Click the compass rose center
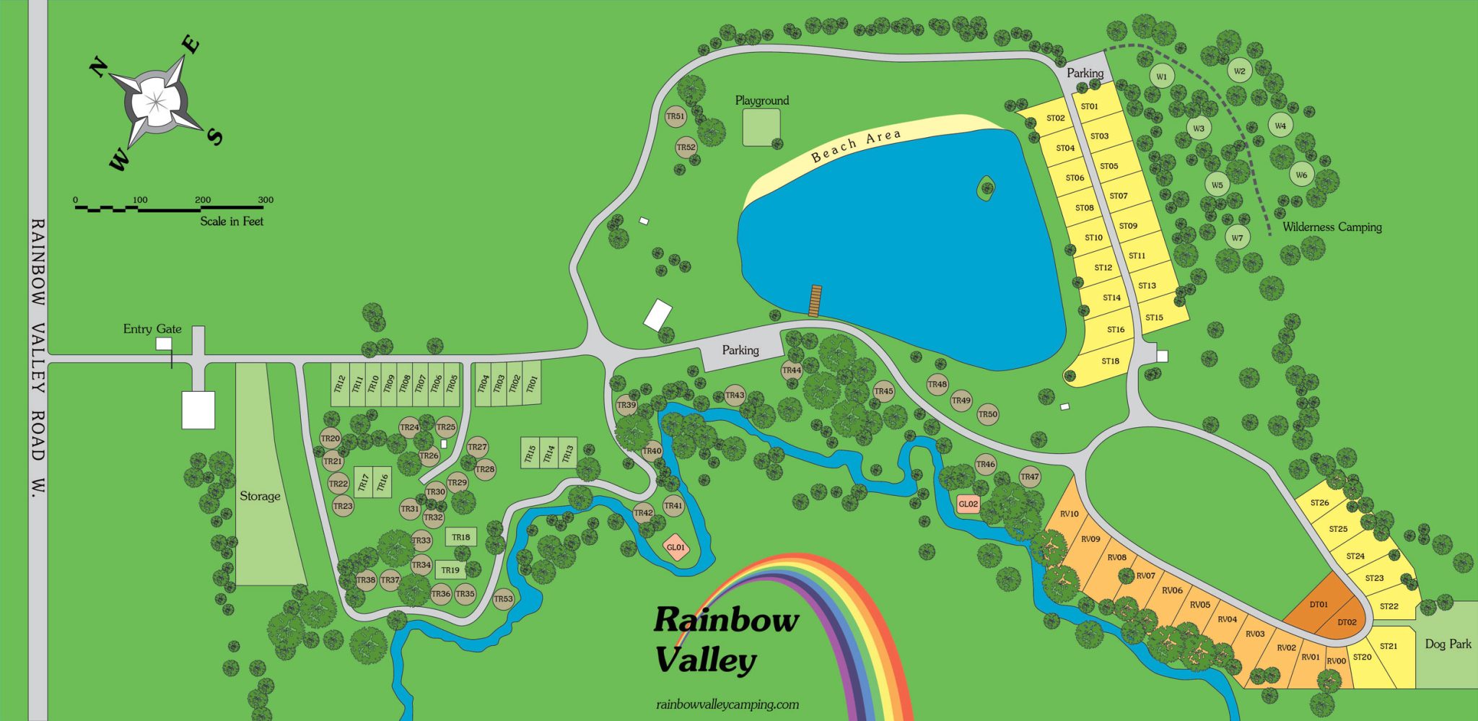coord(156,101)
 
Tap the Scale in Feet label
coord(232,222)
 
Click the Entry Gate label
coord(152,329)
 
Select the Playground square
coord(761,127)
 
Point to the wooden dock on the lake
coord(815,301)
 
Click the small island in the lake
coord(986,189)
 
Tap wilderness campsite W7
coord(1237,237)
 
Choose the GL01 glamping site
coord(675,547)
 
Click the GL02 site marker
coord(968,504)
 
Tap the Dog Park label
coord(1448,644)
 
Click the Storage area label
coord(260,496)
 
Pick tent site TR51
coord(675,116)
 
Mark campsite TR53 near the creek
coord(503,598)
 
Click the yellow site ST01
coord(1089,106)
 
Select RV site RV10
coord(1069,514)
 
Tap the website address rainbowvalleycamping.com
coord(727,704)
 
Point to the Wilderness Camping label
coord(1331,227)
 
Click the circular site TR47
coord(1029,476)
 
